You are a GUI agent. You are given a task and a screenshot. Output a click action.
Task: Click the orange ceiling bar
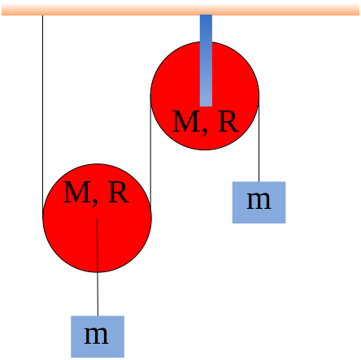click(x=180, y=10)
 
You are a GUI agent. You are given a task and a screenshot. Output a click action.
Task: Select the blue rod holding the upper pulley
click(x=206, y=60)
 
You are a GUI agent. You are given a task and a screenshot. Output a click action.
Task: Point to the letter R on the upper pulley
click(x=228, y=121)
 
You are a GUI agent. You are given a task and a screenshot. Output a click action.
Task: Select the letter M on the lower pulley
click(x=77, y=192)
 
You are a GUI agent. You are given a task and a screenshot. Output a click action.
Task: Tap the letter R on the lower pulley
click(x=119, y=192)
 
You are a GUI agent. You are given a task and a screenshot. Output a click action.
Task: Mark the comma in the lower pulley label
click(x=95, y=202)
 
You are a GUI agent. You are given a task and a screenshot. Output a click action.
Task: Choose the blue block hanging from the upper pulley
click(x=259, y=202)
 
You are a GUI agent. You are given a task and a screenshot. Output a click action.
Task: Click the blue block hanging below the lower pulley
click(x=98, y=336)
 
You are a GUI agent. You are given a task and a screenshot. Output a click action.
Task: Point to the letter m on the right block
click(x=259, y=201)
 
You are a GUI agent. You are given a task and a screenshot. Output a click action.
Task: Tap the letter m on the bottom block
click(x=97, y=336)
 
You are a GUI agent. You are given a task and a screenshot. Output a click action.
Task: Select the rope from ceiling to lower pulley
click(x=42, y=116)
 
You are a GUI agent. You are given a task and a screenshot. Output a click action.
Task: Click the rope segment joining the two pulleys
click(x=150, y=156)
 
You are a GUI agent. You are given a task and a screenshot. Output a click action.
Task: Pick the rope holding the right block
click(x=259, y=138)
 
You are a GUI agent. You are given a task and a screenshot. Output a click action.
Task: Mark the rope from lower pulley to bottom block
click(x=98, y=267)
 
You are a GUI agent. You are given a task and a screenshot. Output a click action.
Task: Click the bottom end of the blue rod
click(x=206, y=106)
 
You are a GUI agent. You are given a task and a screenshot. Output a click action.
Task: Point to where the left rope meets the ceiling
click(x=42, y=15)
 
